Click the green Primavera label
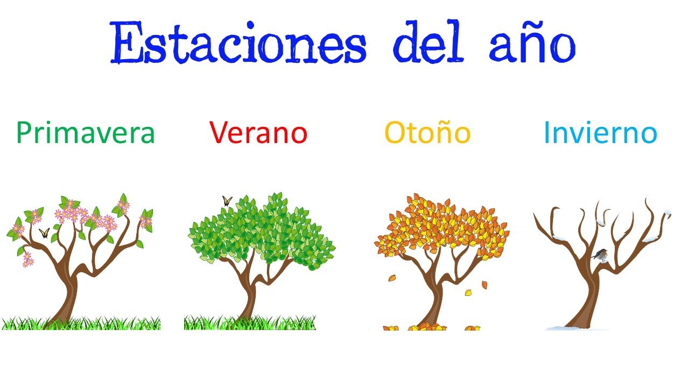(x=86, y=133)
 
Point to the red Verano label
(x=258, y=132)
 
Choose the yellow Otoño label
(x=427, y=132)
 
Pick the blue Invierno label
(x=600, y=132)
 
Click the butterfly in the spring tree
(x=44, y=233)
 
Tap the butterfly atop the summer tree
(x=227, y=202)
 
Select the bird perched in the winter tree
(x=600, y=254)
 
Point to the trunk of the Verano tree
(x=249, y=301)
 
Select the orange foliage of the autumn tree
(x=441, y=226)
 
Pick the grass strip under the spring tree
(x=108, y=324)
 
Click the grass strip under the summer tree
(x=285, y=324)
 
